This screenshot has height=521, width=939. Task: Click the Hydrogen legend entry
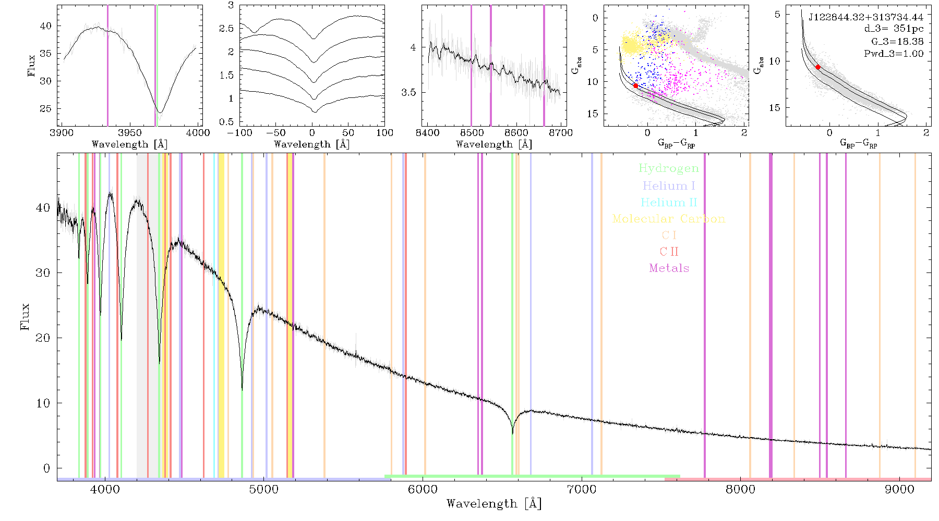point(669,168)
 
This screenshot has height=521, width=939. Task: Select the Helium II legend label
point(669,202)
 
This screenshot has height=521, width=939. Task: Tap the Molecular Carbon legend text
point(669,219)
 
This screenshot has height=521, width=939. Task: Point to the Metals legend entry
point(669,268)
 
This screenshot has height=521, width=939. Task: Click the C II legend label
point(669,252)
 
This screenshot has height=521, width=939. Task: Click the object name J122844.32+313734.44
point(866,17)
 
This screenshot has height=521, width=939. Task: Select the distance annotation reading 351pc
point(894,29)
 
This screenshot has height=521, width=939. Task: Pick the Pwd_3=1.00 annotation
point(894,54)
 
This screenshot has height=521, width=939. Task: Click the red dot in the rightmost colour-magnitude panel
point(817,67)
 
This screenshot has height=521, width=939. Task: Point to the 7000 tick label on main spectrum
point(582,489)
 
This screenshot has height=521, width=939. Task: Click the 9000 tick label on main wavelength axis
point(899,489)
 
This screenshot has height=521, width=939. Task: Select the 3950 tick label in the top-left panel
point(130,133)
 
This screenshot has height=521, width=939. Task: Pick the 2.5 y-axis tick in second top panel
point(227,29)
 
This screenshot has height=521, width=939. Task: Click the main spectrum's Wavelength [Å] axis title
point(494,504)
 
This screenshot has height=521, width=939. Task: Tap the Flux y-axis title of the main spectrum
point(25,317)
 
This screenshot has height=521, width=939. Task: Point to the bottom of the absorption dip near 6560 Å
point(512,433)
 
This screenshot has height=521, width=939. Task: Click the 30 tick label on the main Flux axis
point(43,273)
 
